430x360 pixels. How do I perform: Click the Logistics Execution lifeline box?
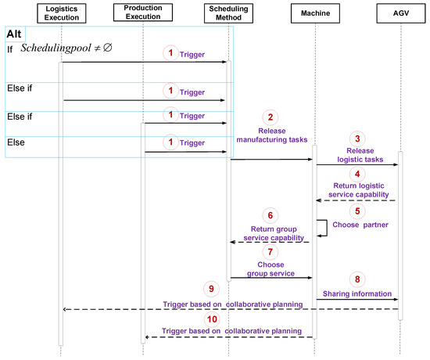[60, 12]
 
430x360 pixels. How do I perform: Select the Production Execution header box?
[144, 12]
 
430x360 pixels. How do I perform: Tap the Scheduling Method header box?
[228, 12]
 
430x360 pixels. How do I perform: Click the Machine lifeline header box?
[315, 12]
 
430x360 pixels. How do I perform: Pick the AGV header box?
[400, 12]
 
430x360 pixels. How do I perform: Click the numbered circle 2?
[271, 115]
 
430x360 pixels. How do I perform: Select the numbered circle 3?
[357, 137]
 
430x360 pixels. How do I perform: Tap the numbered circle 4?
[357, 174]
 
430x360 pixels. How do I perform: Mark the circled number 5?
[357, 210]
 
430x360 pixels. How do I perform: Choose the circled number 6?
[271, 215]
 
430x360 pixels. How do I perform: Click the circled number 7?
[271, 253]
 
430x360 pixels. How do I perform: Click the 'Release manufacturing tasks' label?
[271, 136]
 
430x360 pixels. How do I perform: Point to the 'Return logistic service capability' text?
[357, 189]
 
